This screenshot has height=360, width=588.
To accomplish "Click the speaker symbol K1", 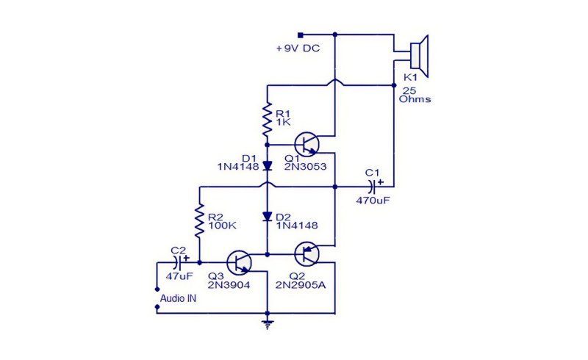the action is (x=420, y=57).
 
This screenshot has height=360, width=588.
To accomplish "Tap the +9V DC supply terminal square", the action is (x=300, y=35).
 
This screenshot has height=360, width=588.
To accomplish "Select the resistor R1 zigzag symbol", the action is (x=267, y=120).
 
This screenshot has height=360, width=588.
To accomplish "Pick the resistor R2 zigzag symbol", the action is (x=199, y=220).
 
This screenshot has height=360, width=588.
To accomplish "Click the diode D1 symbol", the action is (x=267, y=165).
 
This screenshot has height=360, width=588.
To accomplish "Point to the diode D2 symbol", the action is (x=267, y=217).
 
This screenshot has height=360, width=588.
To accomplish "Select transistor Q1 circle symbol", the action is (x=306, y=144).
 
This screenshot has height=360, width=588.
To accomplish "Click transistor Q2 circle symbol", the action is (x=306, y=254).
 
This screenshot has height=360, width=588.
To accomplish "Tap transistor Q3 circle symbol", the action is (x=240, y=262).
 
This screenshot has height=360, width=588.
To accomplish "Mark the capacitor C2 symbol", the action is (x=179, y=262).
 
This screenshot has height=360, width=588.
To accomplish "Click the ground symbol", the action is (x=267, y=325).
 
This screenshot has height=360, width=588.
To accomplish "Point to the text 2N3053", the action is (x=305, y=167).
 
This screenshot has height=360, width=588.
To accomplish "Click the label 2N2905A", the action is (x=301, y=285).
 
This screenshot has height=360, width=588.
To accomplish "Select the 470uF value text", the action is (x=373, y=201).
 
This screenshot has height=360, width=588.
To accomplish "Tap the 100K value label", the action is (x=223, y=226).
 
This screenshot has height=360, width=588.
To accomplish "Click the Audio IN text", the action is (x=178, y=298).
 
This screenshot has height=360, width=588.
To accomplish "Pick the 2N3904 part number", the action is (x=229, y=285).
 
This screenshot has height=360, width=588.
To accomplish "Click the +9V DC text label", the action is (x=298, y=48).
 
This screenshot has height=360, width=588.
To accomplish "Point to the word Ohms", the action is (x=415, y=99).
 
